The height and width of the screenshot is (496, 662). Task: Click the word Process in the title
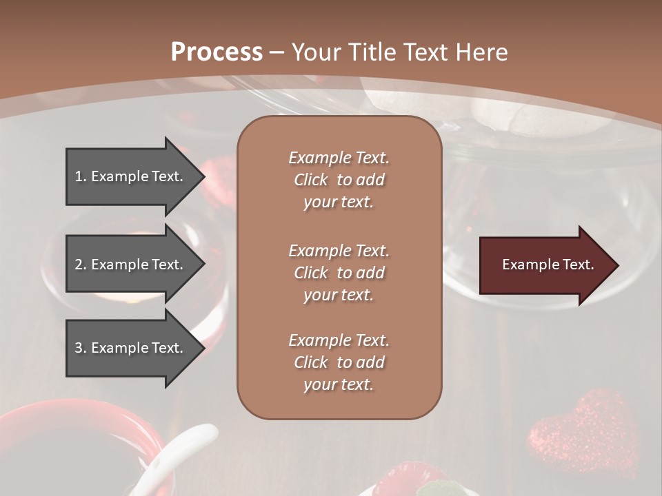pyautogui.click(x=217, y=52)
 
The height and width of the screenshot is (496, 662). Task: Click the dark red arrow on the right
pyautogui.click(x=545, y=265)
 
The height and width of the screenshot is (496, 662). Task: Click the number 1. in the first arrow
pyautogui.click(x=80, y=176)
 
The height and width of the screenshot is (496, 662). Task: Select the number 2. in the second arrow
pyautogui.click(x=80, y=265)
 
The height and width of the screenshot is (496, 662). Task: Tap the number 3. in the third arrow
pyautogui.click(x=80, y=348)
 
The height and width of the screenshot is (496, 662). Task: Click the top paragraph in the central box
pyautogui.click(x=339, y=180)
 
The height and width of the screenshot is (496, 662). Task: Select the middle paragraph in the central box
pyautogui.click(x=339, y=272)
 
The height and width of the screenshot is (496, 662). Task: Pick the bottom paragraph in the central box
pyautogui.click(x=339, y=362)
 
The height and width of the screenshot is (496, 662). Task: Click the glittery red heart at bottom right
pyautogui.click(x=576, y=431)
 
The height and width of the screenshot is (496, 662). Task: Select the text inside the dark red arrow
pyautogui.click(x=548, y=265)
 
